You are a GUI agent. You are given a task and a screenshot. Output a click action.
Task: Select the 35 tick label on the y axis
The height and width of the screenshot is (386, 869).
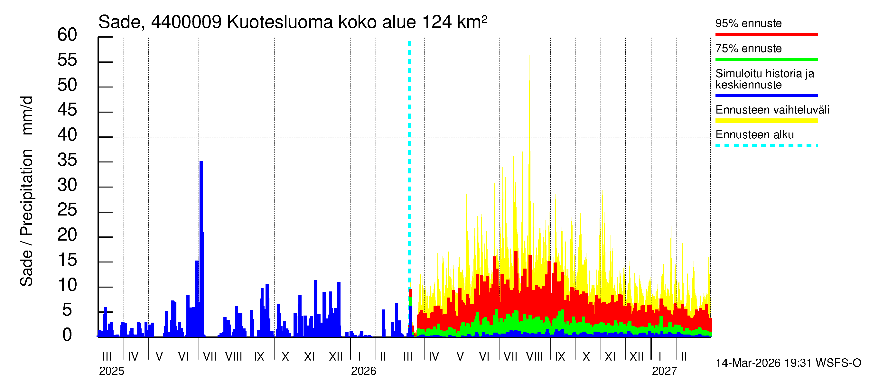coord(67,160)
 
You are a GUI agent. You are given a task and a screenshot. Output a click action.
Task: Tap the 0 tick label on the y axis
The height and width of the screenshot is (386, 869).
coord(67,335)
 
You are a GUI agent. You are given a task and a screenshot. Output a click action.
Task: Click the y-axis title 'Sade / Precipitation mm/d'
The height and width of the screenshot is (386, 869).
coord(26,191)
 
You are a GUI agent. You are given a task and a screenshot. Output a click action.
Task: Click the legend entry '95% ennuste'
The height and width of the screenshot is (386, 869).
coord(748,23)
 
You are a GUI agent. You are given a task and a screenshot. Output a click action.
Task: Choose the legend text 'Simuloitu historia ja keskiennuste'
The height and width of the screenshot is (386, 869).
coord(764,79)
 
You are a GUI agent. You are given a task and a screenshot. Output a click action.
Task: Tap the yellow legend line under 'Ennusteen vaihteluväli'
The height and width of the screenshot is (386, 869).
coord(766,121)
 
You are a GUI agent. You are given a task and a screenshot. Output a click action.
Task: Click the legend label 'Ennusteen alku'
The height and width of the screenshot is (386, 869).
coord(754,135)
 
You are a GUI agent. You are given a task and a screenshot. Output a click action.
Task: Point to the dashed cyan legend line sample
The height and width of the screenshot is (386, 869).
coord(766,146)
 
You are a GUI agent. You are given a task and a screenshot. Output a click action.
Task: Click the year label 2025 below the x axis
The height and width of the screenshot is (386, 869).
coord(111,371)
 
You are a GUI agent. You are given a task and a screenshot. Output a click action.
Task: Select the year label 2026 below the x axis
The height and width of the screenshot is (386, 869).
coord(363,371)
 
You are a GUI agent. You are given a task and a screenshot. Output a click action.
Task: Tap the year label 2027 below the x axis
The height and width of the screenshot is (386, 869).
coord(664,371)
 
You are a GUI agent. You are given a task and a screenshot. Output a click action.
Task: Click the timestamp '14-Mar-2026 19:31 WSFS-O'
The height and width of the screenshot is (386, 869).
coord(788,363)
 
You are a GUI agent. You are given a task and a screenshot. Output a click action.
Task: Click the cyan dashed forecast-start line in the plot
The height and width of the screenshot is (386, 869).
coord(409,169)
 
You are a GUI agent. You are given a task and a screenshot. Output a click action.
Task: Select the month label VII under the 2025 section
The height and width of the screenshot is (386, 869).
coord(210,357)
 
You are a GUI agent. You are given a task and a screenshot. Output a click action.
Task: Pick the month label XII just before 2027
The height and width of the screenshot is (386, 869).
coord(636,357)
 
